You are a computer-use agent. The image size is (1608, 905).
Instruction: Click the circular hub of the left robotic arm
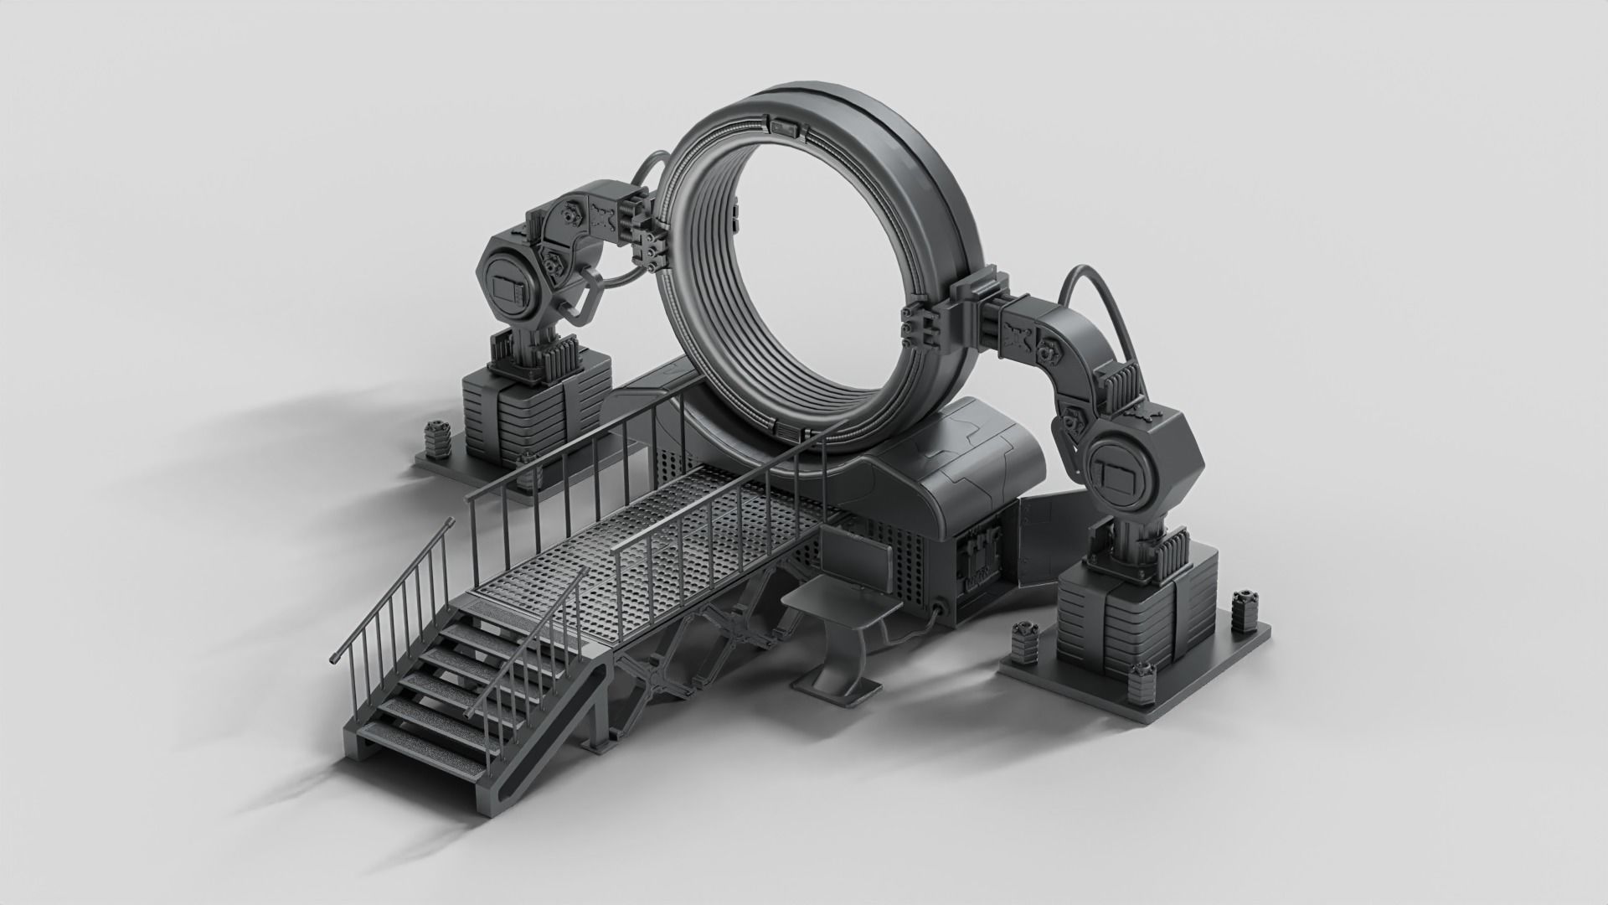[508, 287]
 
